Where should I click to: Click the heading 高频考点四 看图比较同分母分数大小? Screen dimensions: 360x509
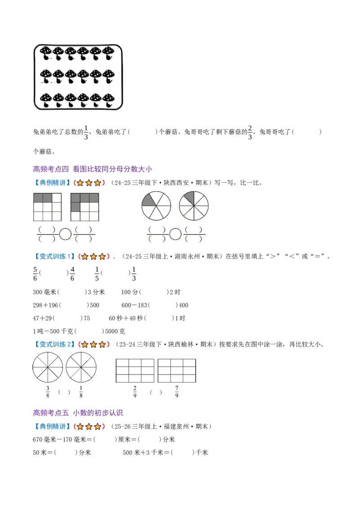pos(93,169)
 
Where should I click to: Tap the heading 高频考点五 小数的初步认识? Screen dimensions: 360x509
pos(78,413)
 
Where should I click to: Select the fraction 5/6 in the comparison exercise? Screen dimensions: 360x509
pos(35,274)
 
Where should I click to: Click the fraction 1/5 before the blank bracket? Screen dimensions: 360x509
pos(97,274)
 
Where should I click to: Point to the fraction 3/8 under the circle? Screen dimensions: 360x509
pos(48,392)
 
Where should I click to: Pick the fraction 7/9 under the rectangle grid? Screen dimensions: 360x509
pos(177,392)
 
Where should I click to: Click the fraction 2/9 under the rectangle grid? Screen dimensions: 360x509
pos(135,392)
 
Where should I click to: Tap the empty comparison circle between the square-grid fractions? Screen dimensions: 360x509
pos(65,234)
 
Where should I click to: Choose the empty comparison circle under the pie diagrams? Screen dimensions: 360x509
pos(175,234)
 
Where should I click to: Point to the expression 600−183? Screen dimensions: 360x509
pos(135,305)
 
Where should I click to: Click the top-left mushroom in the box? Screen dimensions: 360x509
pos(46,53)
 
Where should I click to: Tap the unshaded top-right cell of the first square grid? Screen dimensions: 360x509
pos(57,198)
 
